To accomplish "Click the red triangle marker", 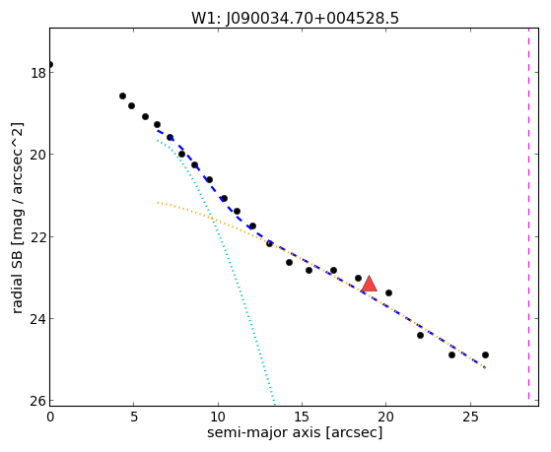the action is coord(369,285).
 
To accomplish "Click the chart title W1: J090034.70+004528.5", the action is coord(295,19).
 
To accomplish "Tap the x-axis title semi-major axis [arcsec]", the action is coord(295,432).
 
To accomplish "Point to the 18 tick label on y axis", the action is coord(38,73).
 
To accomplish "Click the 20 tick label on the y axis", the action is coord(38,155).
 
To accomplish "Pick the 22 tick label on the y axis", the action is coord(38,237).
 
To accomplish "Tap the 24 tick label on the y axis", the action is coord(38,319).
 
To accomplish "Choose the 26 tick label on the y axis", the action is coord(38,401).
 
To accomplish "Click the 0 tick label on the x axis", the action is coord(50,417).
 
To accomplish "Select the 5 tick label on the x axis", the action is coord(134,417).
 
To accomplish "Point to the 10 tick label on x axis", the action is coord(218,417).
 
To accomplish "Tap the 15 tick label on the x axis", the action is coord(302,417).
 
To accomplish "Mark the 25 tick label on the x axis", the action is coord(470,417).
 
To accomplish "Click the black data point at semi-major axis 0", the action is coord(50,64).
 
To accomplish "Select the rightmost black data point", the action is coord(485,355).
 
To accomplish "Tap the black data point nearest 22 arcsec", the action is coord(420,336).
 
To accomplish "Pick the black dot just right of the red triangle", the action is coord(388,292).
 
